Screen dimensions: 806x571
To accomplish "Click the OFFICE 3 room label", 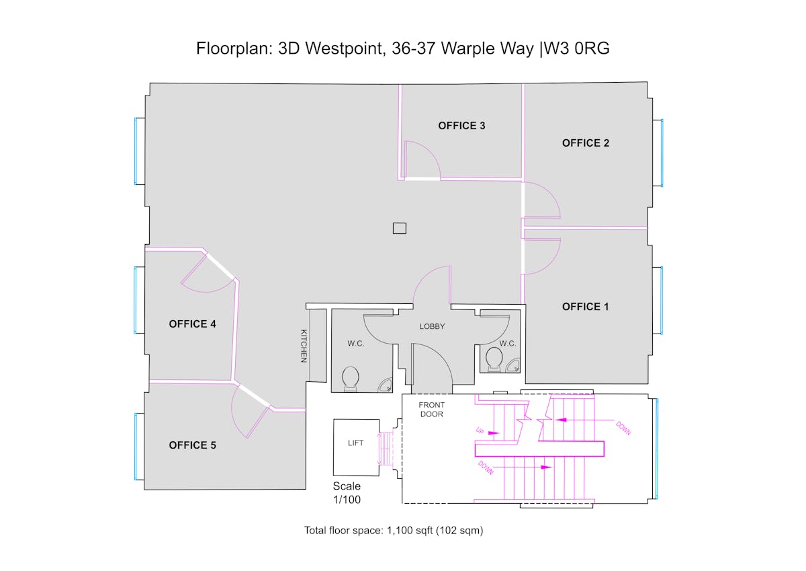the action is pos(461,126).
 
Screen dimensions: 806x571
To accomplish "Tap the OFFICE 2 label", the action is pos(586,143).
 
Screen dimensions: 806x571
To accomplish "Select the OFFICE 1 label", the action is pos(586,307).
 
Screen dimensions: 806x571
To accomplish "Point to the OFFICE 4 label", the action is pos(193,324).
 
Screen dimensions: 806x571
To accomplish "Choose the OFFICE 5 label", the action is pos(193,445).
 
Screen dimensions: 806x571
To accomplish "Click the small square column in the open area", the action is pos(400,229).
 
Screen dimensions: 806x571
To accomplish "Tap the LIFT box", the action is pos(356,447).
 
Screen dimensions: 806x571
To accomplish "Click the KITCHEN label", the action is pos(304,346).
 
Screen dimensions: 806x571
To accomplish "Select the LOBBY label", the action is pos(432,326).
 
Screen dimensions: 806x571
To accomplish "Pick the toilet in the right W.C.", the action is pos(494,359).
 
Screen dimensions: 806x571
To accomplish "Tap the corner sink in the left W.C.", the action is pos(385,385).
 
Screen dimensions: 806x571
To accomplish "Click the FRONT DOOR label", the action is pos(432,409).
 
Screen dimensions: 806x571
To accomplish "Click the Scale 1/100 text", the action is pos(347,493).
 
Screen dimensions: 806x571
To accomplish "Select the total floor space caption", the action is pos(394,530).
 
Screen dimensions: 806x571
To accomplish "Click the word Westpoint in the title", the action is pos(343,48).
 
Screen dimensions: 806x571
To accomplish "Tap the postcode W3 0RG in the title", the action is pos(576,48).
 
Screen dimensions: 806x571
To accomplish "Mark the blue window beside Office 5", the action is pos(136,447).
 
